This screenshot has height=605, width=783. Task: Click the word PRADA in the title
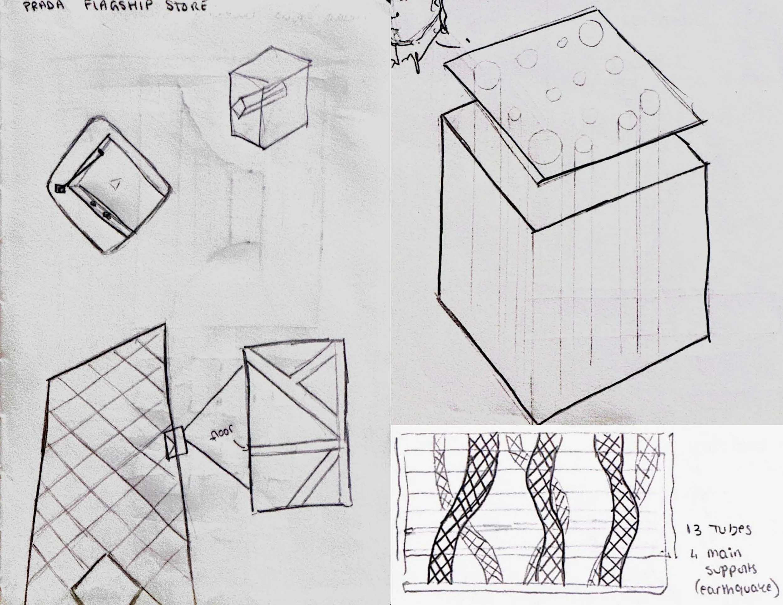[44, 7]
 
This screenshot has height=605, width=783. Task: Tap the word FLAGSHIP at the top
[118, 6]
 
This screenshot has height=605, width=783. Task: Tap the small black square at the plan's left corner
[59, 189]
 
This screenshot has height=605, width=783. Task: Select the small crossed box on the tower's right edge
[175, 444]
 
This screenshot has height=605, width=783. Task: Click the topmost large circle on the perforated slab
[590, 33]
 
